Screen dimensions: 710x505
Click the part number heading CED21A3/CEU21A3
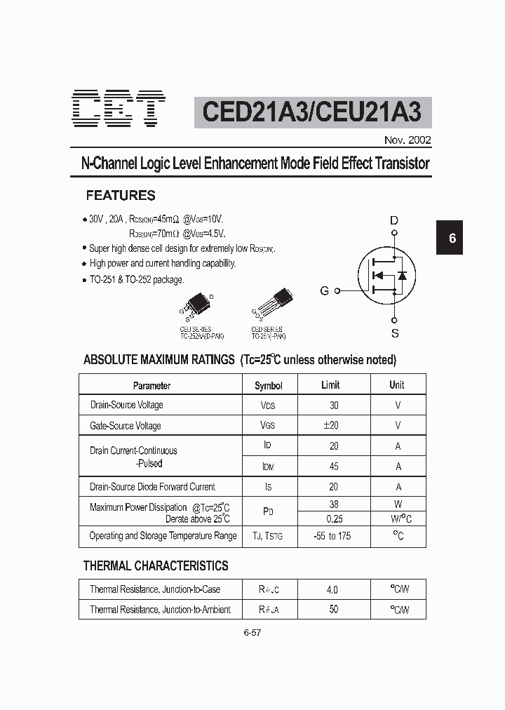[313, 112]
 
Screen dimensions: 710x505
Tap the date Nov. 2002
[408, 140]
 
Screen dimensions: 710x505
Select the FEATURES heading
[121, 196]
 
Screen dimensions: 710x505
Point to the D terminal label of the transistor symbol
[394, 221]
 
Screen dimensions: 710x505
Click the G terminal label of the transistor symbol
[325, 290]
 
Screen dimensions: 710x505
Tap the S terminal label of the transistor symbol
[395, 333]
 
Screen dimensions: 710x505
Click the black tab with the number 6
[452, 238]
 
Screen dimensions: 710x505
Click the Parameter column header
[151, 385]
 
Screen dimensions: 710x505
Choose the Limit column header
[330, 384]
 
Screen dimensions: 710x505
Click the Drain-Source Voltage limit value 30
[334, 405]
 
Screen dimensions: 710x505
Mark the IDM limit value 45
[334, 466]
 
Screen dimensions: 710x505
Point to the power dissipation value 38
[334, 504]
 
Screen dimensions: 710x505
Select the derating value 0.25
[334, 518]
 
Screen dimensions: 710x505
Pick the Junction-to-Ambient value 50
[333, 609]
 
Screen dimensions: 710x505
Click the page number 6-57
[252, 632]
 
